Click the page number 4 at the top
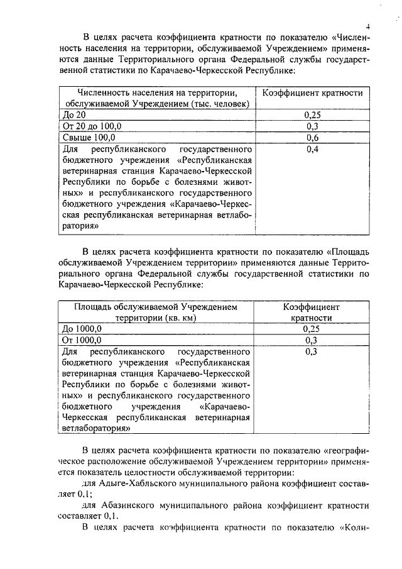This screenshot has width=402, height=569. tap(369, 26)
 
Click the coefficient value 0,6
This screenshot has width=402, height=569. tap(312, 138)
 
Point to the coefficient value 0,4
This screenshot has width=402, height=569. tap(312, 149)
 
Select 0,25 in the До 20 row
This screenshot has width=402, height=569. tap(312, 116)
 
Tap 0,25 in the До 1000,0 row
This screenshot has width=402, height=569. tap(312, 329)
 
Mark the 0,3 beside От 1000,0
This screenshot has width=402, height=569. tap(312, 340)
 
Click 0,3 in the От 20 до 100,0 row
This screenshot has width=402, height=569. tap(312, 126)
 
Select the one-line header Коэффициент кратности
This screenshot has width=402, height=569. tap(312, 93)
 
